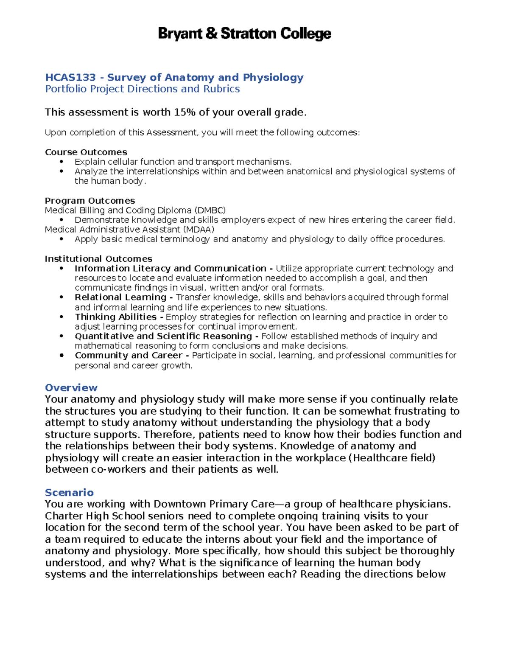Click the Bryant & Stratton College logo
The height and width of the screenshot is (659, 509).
pos(244,34)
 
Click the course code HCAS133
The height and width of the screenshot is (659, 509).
pos(70,78)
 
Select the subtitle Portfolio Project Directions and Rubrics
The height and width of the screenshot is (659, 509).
pos(142,89)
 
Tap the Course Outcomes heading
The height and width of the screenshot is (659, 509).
pos(86,152)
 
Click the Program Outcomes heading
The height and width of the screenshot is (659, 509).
pos(89,201)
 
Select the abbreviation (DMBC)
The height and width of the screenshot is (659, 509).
pos(210,210)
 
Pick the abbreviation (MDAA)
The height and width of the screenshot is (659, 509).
pos(199,230)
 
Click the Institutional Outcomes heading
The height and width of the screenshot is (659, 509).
pos(98,259)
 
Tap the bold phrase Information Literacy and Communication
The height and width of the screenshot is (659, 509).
pos(170,269)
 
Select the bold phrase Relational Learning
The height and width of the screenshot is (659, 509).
pos(120,297)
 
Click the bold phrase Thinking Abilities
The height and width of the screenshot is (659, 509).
pos(116,317)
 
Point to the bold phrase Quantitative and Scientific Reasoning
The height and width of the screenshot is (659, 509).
pos(163,336)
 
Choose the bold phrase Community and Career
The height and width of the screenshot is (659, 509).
pos(129,356)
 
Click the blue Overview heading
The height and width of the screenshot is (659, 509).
pos(71,388)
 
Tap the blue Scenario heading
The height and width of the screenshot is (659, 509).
pos(69,493)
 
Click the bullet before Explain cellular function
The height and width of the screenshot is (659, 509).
pos(62,162)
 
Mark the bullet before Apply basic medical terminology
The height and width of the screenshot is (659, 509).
pos(62,239)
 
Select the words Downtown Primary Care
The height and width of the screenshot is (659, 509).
pos(214,504)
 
